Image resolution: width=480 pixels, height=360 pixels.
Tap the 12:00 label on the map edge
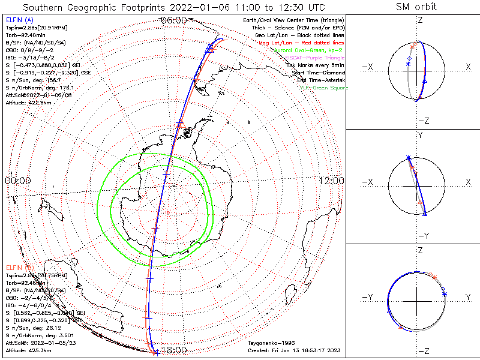click(331, 181)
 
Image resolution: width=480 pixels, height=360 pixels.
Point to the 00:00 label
click(17, 181)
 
